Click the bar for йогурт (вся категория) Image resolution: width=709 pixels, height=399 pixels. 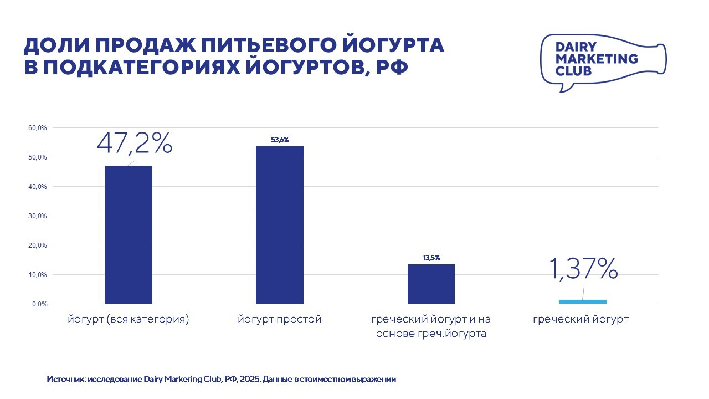click(129, 234)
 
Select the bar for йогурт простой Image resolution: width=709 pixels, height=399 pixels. click(279, 224)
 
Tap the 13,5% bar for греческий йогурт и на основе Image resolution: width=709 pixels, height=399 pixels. click(431, 284)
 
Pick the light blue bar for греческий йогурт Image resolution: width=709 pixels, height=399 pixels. click(582, 301)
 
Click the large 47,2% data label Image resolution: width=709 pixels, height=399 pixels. click(135, 143)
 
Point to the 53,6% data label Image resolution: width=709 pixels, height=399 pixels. click(280, 140)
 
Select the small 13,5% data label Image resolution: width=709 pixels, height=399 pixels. click(431, 258)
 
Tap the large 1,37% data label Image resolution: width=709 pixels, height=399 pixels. click(583, 269)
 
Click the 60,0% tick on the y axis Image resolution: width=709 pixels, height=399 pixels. click(38, 128)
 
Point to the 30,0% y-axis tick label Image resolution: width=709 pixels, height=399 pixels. click(38, 216)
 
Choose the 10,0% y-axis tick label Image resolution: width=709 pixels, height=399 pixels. click(38, 275)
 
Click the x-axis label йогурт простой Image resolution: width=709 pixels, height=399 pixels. click(280, 320)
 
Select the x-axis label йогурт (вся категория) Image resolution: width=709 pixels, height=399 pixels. click(129, 320)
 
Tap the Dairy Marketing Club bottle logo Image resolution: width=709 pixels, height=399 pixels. click(602, 62)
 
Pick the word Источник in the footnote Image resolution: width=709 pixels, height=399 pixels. click(66, 380)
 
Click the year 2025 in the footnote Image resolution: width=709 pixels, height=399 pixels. click(248, 380)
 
